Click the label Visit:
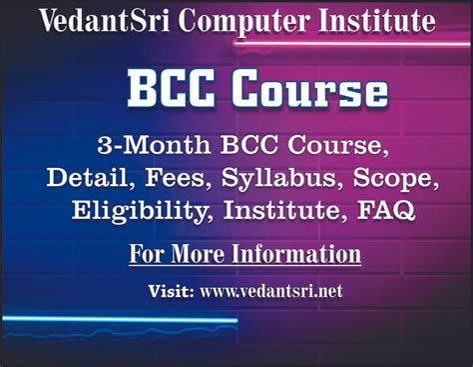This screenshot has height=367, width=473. [x=173, y=293]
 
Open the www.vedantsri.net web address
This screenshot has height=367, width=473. [x=269, y=293]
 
